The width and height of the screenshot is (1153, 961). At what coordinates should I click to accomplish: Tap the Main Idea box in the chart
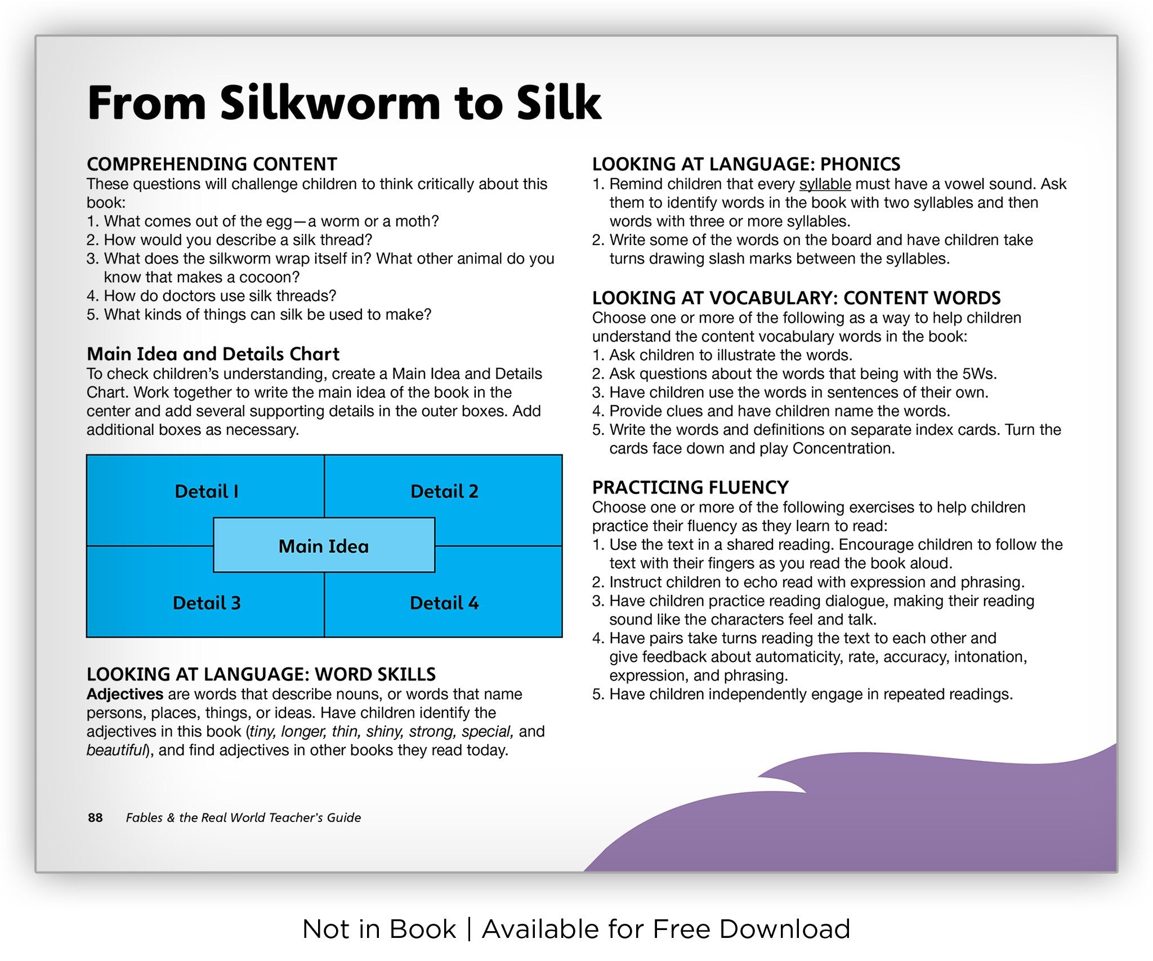coord(324,545)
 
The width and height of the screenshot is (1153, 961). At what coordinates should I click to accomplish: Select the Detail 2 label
coord(444,491)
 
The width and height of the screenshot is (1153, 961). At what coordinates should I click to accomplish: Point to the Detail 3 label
coord(207,603)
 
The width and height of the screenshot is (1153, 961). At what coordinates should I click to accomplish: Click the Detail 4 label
coord(444,603)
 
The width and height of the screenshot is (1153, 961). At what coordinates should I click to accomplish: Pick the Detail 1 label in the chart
coord(207,491)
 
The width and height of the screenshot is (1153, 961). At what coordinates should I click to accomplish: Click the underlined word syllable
coord(825,185)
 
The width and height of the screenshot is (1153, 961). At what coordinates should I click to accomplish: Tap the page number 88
coord(95,817)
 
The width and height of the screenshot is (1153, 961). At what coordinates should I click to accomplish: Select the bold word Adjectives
coord(125,695)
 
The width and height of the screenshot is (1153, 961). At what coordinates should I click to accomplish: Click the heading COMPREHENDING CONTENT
coord(212,164)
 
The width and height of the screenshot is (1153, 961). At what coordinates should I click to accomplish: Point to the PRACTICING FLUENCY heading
coord(690,487)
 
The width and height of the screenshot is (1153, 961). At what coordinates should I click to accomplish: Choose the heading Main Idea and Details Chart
coord(213,354)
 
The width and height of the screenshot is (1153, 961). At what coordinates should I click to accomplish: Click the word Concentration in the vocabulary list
coord(843,448)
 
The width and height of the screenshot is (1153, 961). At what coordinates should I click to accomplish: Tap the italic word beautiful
coord(116,750)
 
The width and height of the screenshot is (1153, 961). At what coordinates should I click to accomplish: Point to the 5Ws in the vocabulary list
coord(979,374)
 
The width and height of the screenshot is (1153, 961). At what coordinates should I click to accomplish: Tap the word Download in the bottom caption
coord(785,929)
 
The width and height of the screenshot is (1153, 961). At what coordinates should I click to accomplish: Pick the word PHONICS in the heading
coord(860,164)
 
